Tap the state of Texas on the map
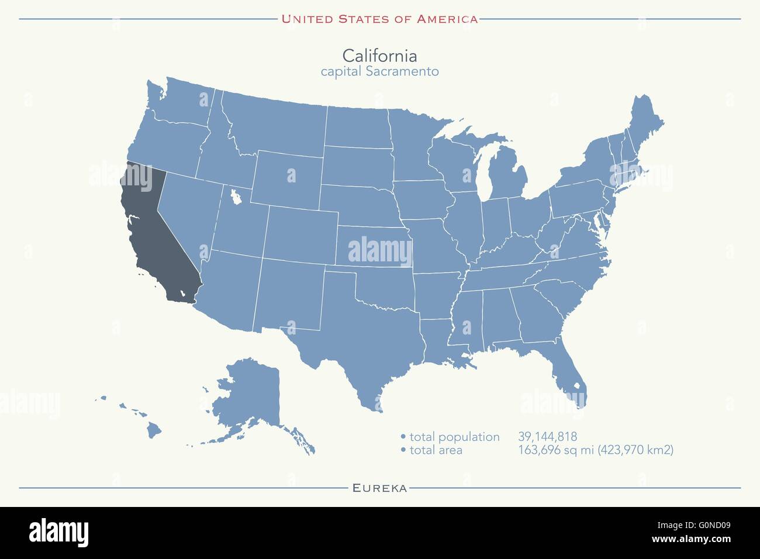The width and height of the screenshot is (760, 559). (x=362, y=327)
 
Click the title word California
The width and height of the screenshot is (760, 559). (x=379, y=56)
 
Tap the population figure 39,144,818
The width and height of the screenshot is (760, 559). (x=547, y=437)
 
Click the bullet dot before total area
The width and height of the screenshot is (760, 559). (x=403, y=450)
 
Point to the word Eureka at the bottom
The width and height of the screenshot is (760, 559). (x=379, y=488)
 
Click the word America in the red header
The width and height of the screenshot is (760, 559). (x=447, y=19)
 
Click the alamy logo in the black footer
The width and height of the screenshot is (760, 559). (x=59, y=532)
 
